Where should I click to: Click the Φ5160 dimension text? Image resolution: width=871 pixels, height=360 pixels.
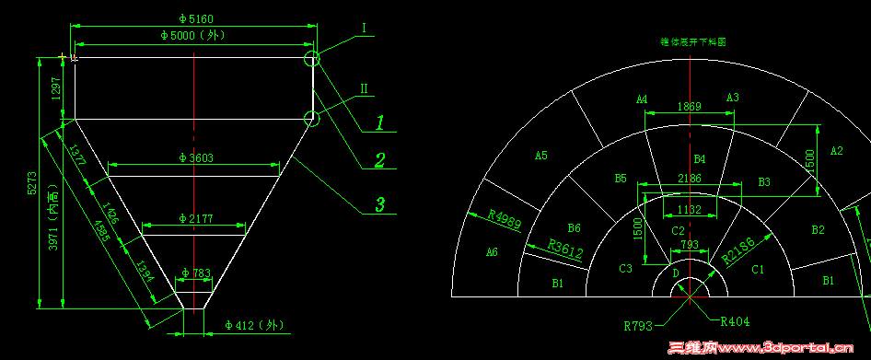coord(193,17)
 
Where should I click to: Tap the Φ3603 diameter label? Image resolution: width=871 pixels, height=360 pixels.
coord(194,157)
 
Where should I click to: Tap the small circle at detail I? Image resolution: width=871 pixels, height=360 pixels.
coord(313,60)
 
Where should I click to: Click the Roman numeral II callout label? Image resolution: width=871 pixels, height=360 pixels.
coord(364,88)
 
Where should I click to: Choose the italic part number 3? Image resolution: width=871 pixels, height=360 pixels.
coord(378,203)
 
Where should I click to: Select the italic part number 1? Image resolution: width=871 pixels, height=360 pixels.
coord(378,121)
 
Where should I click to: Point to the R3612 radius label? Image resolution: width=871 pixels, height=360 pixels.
coord(566,248)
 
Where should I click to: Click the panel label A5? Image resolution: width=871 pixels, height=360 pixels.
coord(541,156)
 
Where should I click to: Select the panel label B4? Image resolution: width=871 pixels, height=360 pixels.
coord(699,159)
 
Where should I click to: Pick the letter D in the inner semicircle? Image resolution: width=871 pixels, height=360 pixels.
coord(676,273)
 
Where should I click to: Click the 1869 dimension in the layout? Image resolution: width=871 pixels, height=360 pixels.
coord(689,107)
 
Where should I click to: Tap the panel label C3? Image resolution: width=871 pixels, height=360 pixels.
coord(625,268)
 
